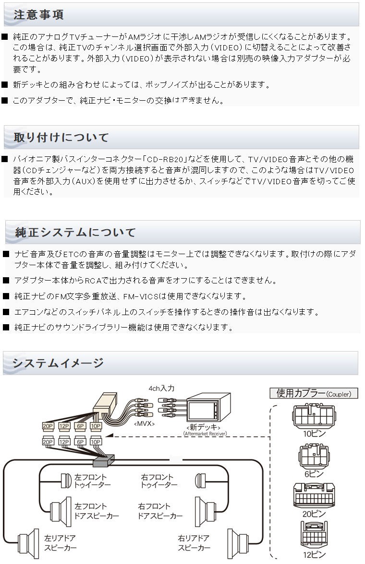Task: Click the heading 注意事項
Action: [x=38, y=15]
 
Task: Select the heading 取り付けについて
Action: [x=61, y=137]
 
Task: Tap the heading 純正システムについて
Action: [x=75, y=232]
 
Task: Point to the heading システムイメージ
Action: [x=58, y=363]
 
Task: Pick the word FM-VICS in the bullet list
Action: [x=141, y=296]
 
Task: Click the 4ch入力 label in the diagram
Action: [x=161, y=388]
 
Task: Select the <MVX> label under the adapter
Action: [x=144, y=424]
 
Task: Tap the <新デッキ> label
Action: [x=204, y=427]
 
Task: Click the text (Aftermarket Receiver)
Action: [x=206, y=434]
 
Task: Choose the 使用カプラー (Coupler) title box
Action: [x=314, y=393]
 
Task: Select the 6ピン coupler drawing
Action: [x=314, y=456]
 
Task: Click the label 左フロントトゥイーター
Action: [x=92, y=481]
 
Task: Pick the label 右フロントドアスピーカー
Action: [x=160, y=511]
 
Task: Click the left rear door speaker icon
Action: [x=28, y=543]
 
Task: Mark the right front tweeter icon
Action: [x=200, y=481]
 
